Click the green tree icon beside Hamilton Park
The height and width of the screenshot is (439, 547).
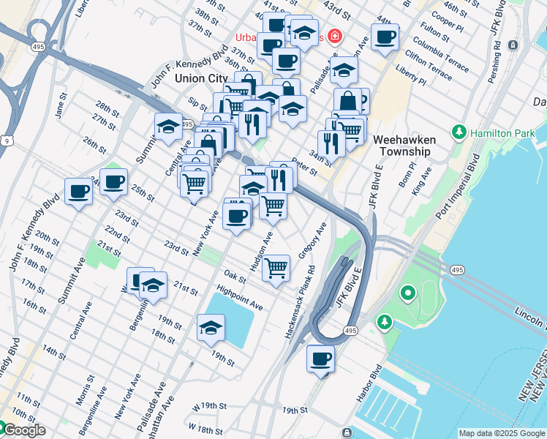(459, 132)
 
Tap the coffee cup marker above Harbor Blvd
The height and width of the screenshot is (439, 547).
(320, 360)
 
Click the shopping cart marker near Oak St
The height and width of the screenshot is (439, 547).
(276, 269)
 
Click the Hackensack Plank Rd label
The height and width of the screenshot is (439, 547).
(299, 301)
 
